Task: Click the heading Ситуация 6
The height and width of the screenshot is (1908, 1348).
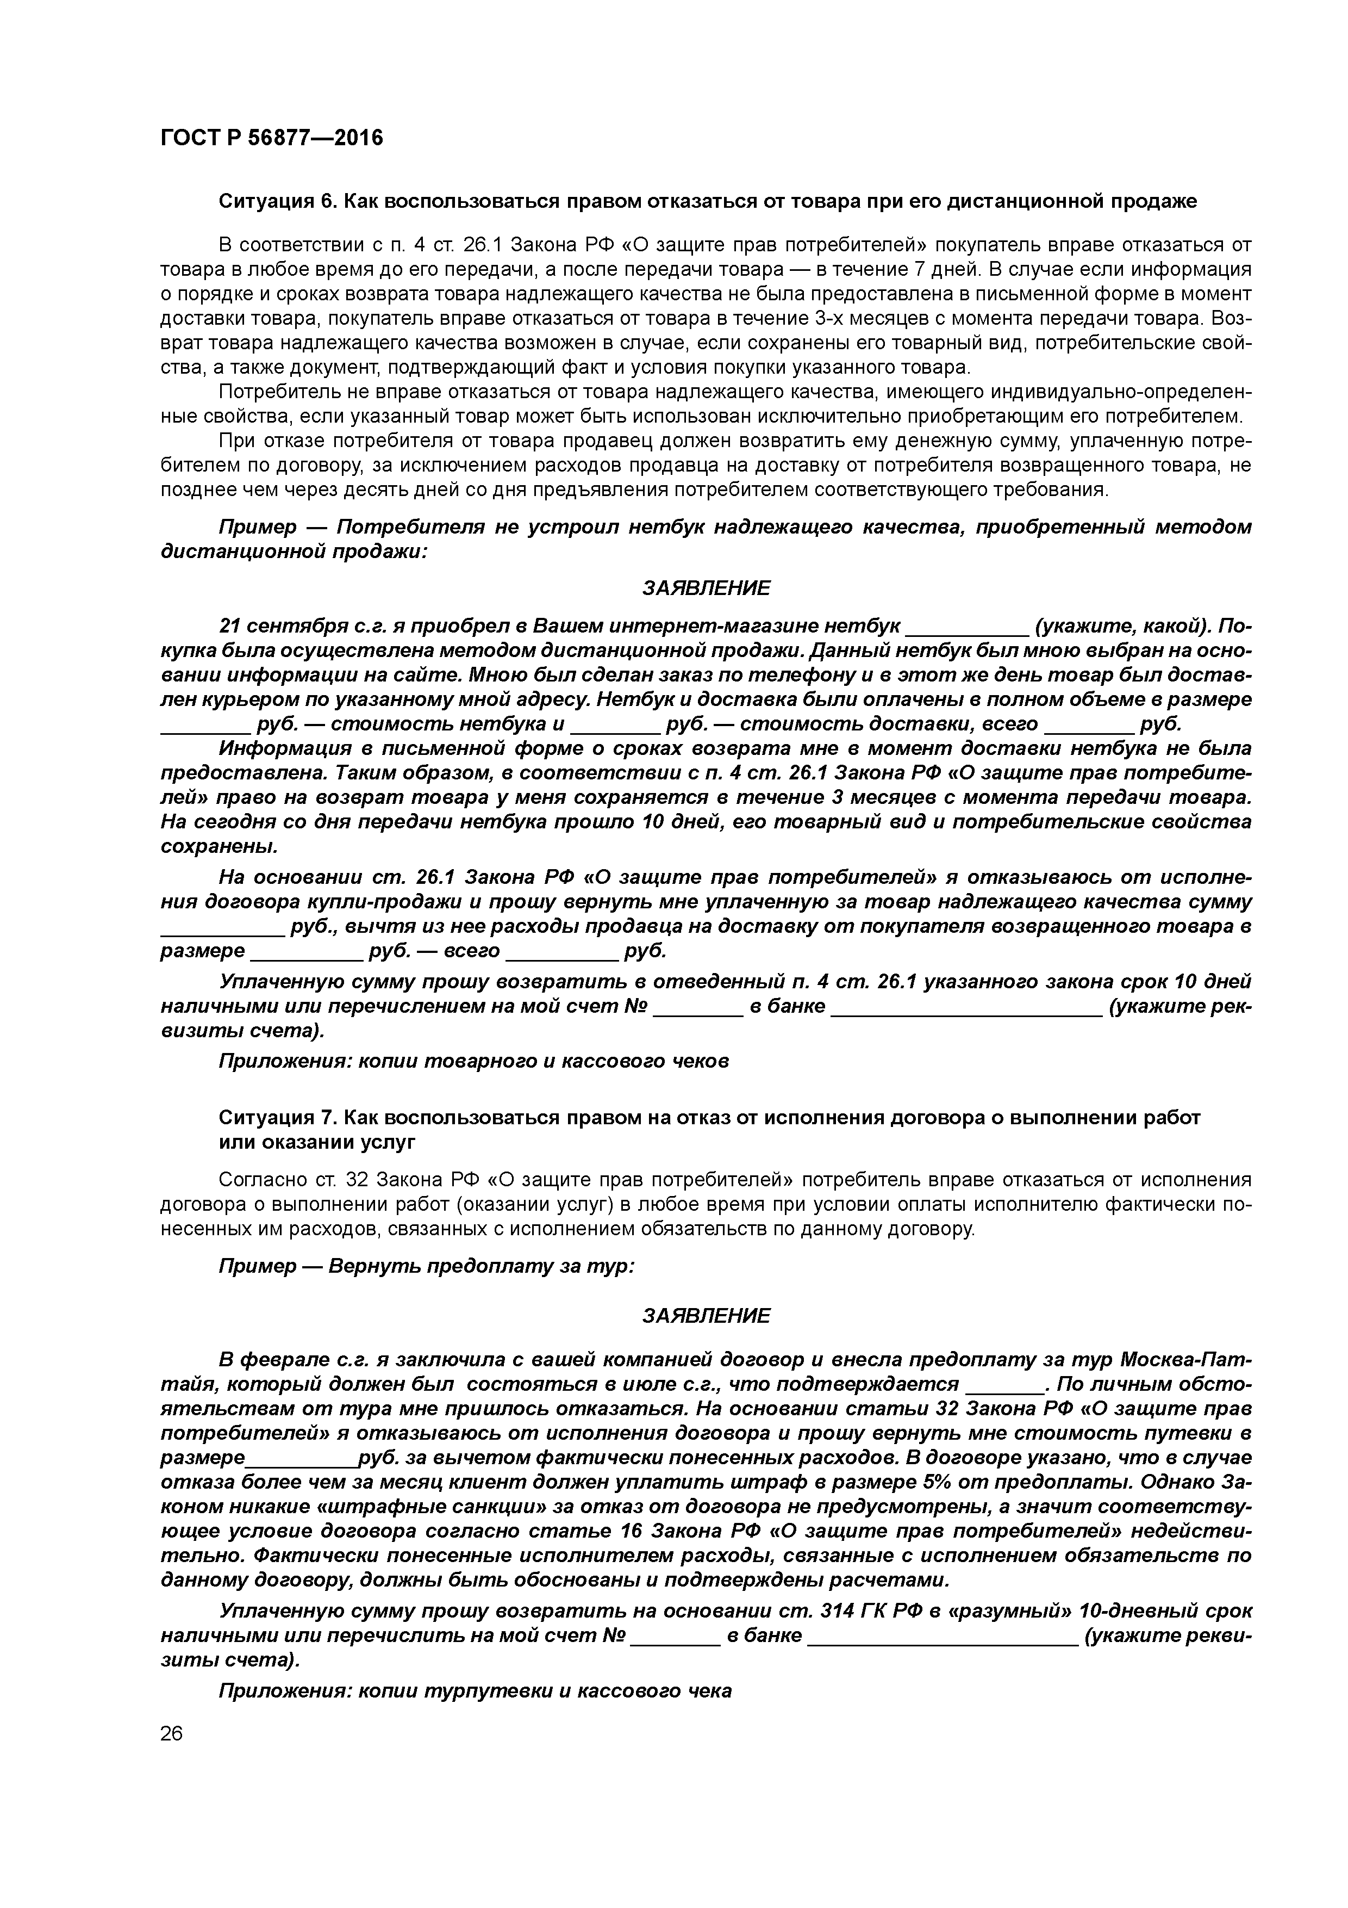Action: point(278,201)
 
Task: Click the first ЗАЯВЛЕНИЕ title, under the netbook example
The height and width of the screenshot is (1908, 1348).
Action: point(706,588)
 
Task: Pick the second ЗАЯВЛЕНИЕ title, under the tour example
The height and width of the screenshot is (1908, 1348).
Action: point(706,1316)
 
